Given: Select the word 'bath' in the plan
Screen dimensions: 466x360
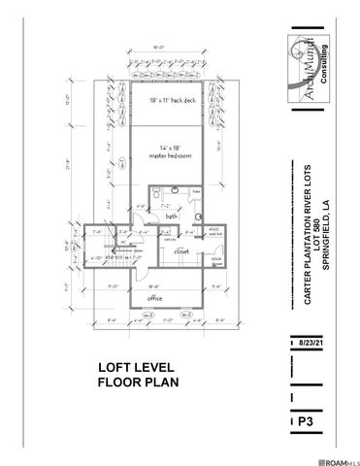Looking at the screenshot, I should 170,216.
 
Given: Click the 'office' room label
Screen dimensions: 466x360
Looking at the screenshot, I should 154,299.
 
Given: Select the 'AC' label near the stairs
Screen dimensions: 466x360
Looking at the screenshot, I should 124,244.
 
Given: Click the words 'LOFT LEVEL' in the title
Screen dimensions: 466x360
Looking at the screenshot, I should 135,369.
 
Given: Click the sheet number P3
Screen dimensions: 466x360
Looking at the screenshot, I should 307,423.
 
